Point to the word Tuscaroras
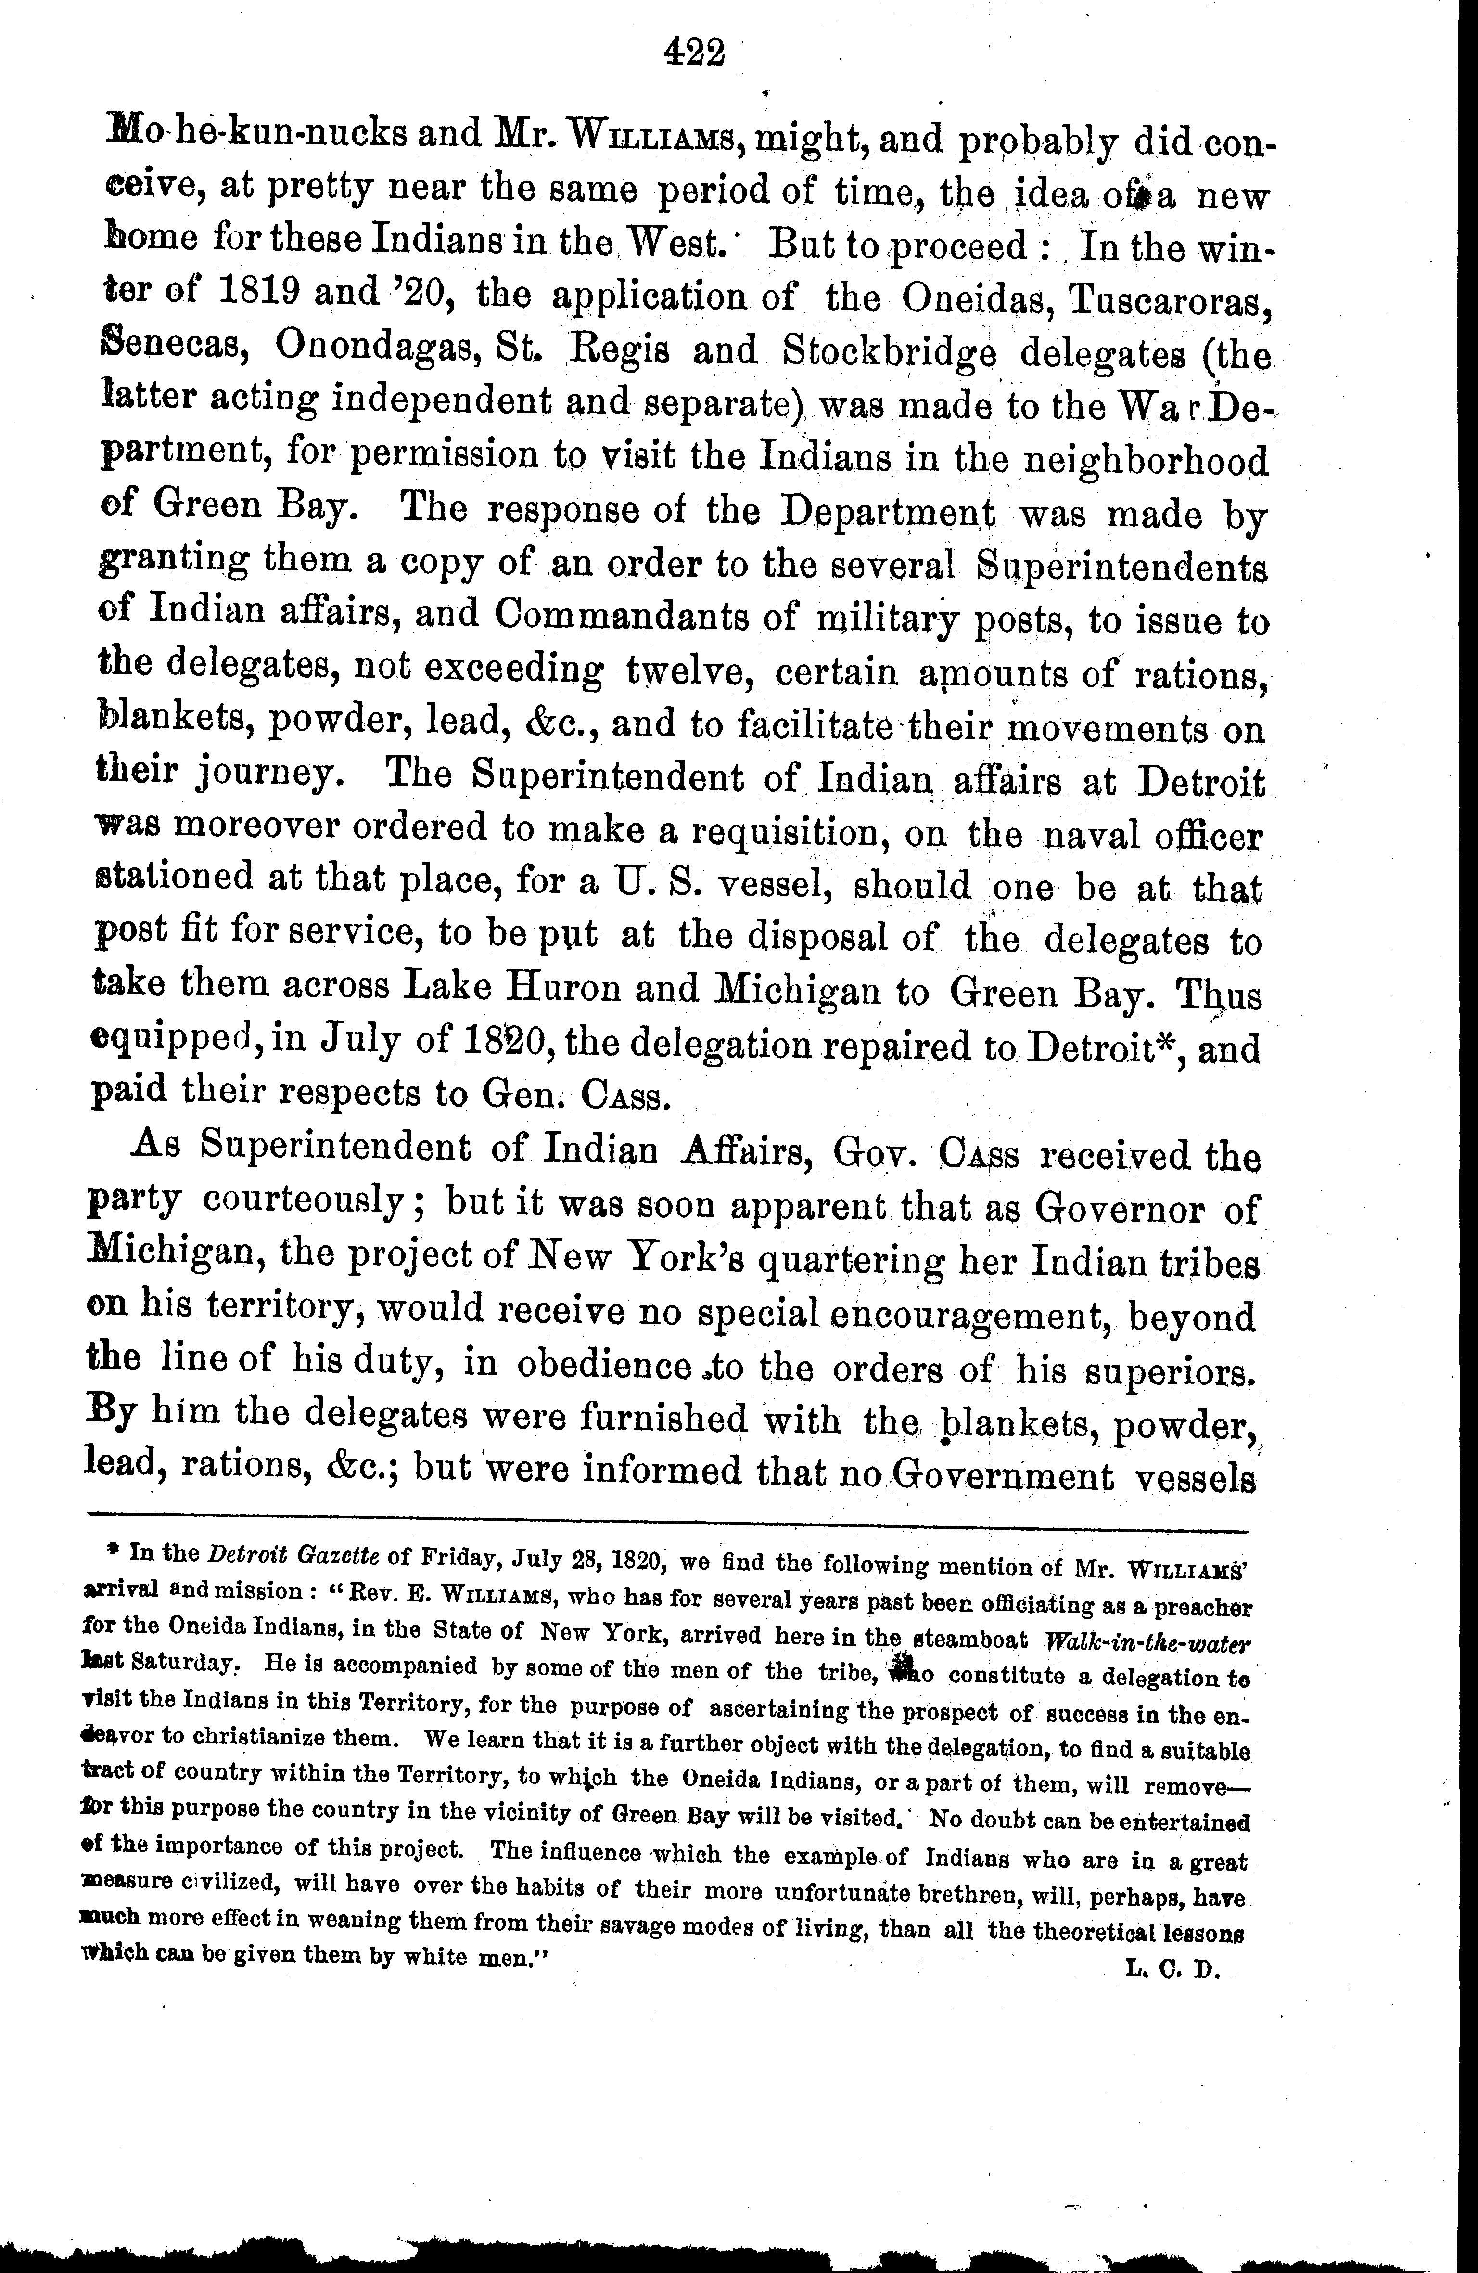point(1170,298)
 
